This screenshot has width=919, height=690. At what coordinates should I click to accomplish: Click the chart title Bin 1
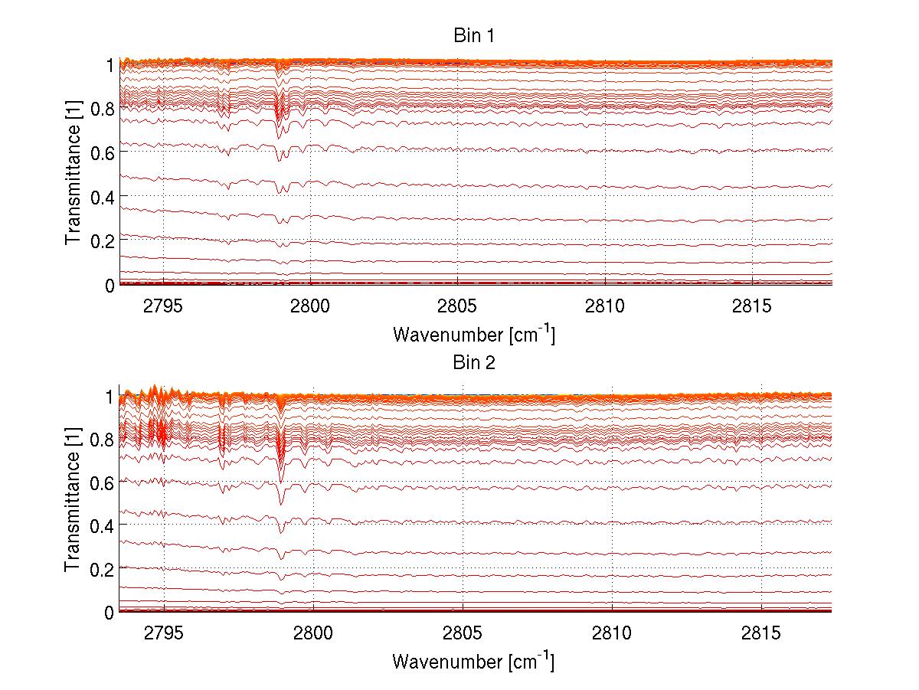tap(475, 36)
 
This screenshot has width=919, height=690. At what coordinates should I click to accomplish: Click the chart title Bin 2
tap(475, 362)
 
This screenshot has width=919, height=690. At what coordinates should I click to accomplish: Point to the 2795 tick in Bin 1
tap(162, 307)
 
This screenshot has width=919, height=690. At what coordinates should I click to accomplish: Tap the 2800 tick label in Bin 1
tap(310, 307)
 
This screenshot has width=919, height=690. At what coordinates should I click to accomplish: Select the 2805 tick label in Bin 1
tap(457, 307)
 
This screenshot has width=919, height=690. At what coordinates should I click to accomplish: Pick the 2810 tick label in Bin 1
tap(605, 307)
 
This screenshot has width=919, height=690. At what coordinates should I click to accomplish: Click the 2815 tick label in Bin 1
tap(752, 307)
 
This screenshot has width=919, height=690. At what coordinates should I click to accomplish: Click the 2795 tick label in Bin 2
tap(164, 634)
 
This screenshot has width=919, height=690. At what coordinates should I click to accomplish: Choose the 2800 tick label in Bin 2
tap(313, 634)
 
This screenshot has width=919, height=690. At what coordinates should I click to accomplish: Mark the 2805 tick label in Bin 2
tap(463, 634)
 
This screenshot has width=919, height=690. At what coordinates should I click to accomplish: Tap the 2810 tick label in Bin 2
tap(612, 634)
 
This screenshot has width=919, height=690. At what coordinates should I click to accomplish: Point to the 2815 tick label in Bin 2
tap(761, 634)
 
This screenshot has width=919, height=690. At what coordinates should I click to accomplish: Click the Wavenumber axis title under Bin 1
tap(473, 334)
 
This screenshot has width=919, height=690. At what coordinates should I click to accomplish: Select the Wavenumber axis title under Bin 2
tap(473, 661)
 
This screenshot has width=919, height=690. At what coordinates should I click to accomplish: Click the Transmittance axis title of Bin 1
tap(74, 175)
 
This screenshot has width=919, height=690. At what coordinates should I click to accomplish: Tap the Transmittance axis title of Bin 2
tap(74, 502)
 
